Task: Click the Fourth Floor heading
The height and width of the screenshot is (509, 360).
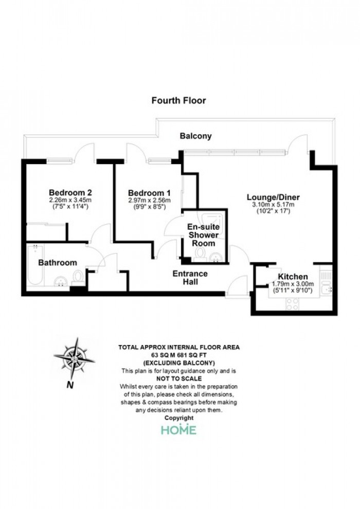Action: click(178, 100)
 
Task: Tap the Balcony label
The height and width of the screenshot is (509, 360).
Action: click(196, 136)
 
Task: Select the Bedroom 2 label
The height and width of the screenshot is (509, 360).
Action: click(70, 192)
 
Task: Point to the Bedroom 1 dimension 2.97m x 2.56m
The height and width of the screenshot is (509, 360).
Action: click(149, 201)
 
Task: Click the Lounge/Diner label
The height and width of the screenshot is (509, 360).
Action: click(273, 197)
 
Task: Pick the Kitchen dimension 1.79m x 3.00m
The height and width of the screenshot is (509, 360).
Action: click(293, 284)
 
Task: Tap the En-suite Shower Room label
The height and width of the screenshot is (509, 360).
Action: click(204, 235)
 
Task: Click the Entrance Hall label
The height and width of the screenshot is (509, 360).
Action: click(190, 278)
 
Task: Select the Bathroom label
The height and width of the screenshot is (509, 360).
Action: click(58, 263)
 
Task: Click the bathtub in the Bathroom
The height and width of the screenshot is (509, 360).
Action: click(35, 265)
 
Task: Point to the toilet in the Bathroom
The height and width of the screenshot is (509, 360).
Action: click(78, 278)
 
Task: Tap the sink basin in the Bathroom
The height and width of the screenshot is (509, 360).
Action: click(60, 281)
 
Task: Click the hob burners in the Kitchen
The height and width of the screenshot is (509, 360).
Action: click(292, 303)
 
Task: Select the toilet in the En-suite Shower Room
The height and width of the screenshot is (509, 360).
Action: click(200, 254)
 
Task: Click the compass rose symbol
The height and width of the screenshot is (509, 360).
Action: click(75, 358)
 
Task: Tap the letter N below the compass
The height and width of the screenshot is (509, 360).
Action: click(70, 385)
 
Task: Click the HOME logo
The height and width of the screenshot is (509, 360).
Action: click(179, 430)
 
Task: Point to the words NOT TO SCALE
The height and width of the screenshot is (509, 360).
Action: click(179, 378)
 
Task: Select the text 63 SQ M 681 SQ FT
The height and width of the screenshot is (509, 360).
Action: click(179, 355)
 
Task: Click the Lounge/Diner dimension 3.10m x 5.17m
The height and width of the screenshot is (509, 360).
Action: click(273, 205)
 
